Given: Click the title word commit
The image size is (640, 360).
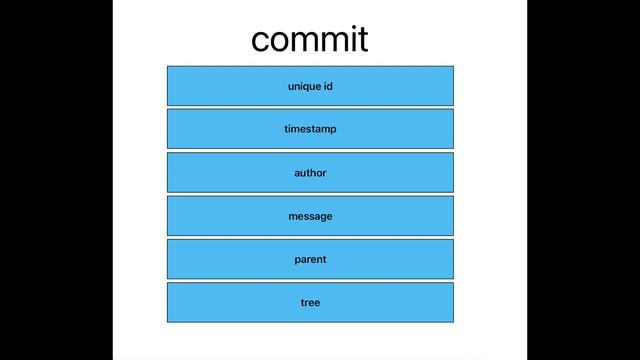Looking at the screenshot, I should pos(309,40).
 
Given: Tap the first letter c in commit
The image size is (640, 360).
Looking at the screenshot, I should pos(261,41).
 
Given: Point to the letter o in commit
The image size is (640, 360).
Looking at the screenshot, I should pos(281,41).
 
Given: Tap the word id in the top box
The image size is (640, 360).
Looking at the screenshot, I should pos(327,86).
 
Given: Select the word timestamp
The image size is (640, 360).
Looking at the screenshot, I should pos(310,130).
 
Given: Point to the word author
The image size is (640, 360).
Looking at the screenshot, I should pos(310,173).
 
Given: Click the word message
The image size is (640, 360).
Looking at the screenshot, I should pos(310,216).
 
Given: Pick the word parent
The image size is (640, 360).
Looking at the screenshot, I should pos(310,260).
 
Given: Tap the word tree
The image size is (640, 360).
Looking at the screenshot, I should pos(310,302).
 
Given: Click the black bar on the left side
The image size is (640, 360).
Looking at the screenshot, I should pos(56,180).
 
